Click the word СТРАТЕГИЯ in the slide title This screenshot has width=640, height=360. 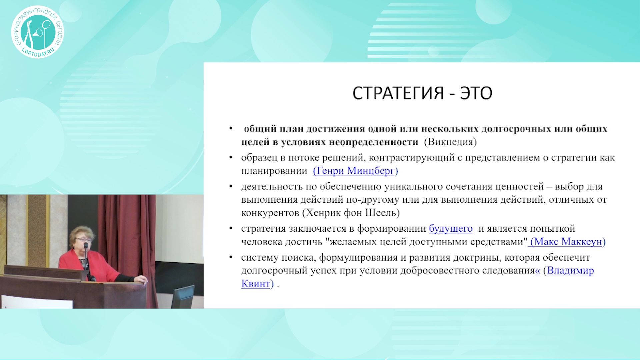(398, 93)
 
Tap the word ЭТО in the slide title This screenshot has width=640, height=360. (476, 93)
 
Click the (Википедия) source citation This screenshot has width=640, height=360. (450, 142)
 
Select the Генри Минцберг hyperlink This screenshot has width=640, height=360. (355, 171)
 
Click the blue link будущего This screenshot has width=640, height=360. (451, 229)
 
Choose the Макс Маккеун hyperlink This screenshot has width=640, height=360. (568, 242)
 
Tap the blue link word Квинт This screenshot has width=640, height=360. (255, 284)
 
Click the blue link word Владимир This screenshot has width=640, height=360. (570, 270)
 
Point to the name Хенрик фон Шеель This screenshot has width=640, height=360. (351, 213)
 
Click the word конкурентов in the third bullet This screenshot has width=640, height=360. (270, 213)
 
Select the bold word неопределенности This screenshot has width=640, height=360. (373, 142)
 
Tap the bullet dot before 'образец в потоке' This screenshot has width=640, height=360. (231, 157)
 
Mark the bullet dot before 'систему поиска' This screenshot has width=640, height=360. (231, 257)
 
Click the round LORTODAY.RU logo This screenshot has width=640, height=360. (37, 32)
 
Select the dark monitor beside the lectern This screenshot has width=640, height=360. (183, 297)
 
